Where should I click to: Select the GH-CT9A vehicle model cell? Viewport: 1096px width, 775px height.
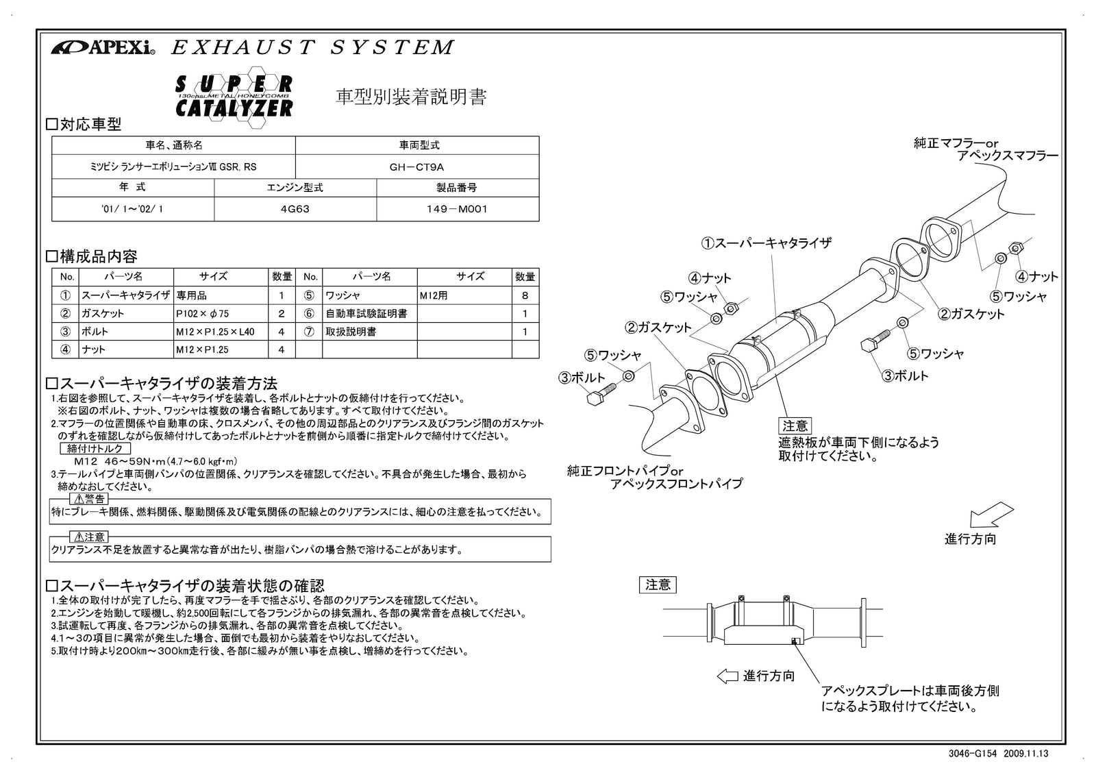(416, 167)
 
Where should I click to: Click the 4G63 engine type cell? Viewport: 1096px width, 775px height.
(295, 209)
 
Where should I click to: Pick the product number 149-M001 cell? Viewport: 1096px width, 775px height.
(457, 209)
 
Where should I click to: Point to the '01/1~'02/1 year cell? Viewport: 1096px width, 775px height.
(132, 209)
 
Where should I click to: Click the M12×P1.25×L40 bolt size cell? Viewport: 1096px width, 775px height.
(214, 332)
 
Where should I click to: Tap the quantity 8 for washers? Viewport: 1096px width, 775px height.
(525, 296)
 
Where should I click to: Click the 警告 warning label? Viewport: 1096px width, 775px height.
(90, 499)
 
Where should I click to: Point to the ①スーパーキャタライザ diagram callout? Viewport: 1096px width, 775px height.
(766, 243)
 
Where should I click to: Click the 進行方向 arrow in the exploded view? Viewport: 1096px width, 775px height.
(991, 515)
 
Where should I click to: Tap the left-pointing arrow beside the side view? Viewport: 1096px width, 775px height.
(727, 676)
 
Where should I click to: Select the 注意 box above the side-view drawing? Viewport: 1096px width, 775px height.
(658, 585)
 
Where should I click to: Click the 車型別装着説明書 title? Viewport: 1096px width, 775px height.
(411, 97)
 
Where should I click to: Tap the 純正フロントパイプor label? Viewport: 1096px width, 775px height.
(625, 471)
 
